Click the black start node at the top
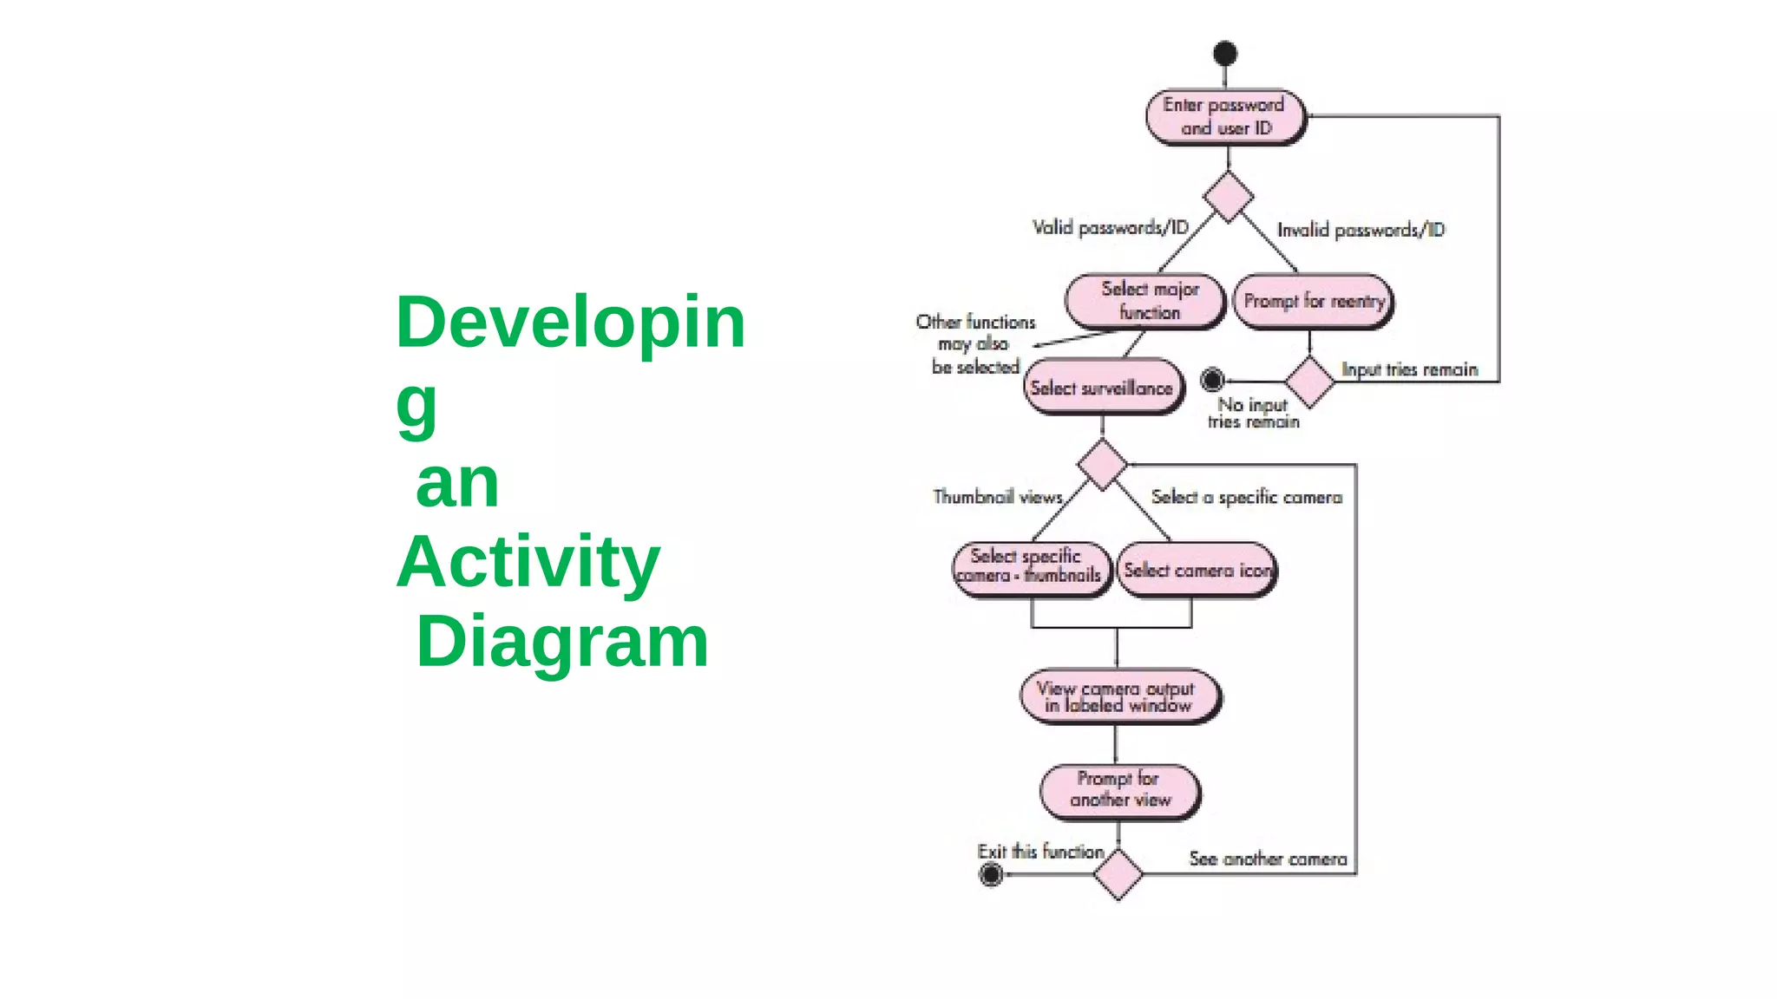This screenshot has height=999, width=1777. coord(1224,54)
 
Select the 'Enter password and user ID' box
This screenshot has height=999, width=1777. coord(1224,116)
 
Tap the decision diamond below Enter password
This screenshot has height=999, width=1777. coord(1228,197)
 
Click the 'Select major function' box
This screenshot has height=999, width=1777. coord(1145,301)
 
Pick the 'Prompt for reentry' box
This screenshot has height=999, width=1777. coord(1313,301)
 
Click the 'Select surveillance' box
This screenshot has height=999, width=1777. coord(1102,388)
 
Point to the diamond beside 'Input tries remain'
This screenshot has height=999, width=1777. coord(1309,382)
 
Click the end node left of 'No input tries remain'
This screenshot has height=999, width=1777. coord(1212,380)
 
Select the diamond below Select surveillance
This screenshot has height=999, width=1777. coord(1102,465)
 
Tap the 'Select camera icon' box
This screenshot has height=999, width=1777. coord(1197,570)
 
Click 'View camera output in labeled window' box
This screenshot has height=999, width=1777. coord(1118,696)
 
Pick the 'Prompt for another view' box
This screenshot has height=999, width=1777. coord(1119,790)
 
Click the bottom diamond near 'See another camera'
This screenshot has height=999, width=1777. coord(1118,874)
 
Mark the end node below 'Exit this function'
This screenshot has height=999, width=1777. coord(991,874)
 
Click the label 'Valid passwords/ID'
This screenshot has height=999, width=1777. coord(1110,227)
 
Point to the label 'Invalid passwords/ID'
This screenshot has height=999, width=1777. coord(1361,230)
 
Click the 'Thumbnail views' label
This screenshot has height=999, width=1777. coord(998,497)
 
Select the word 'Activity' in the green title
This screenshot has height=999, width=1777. coord(528,562)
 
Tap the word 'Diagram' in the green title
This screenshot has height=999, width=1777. coord(562,642)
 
